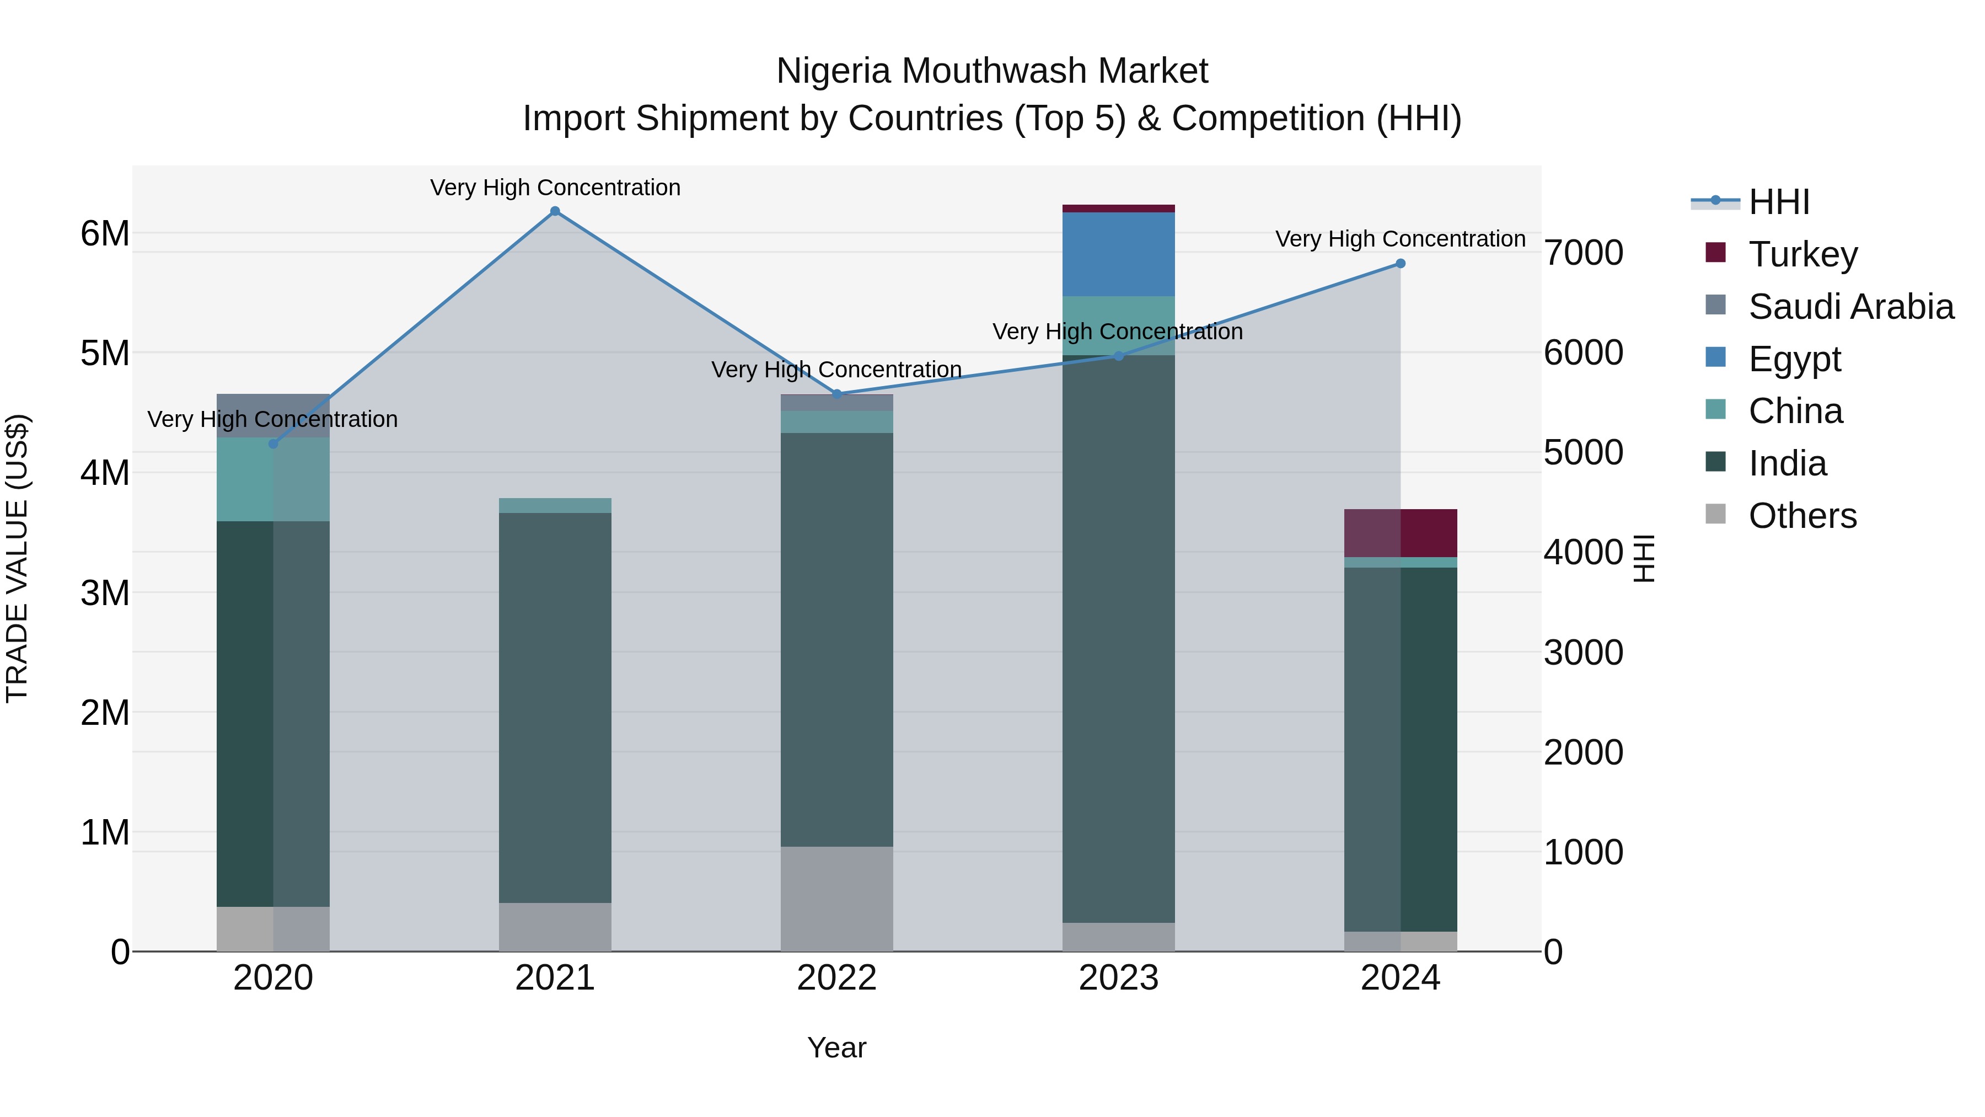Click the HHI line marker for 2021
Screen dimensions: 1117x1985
click(x=555, y=211)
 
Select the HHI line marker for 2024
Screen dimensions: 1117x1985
click(x=1400, y=264)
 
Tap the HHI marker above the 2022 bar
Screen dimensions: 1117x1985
click(x=837, y=394)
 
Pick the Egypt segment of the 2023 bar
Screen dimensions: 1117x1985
click(x=1118, y=254)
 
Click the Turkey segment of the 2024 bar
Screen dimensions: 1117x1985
click(x=1400, y=533)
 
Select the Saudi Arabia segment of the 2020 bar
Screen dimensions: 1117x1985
click(x=273, y=415)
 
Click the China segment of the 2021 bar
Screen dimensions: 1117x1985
click(x=555, y=506)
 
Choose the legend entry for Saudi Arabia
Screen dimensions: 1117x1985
click(x=1850, y=307)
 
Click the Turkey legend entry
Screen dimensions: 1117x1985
click(x=1802, y=254)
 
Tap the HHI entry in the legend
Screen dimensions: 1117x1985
click(x=1778, y=202)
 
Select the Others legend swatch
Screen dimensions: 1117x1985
click(x=1715, y=514)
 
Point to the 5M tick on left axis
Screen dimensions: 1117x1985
click(x=105, y=353)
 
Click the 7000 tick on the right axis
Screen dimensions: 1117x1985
click(x=1584, y=253)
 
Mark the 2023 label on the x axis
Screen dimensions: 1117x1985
click(x=1118, y=978)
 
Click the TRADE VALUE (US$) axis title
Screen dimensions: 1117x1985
click(x=17, y=558)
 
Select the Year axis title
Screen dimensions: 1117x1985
click(x=837, y=1047)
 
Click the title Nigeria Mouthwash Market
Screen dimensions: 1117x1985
click(x=992, y=71)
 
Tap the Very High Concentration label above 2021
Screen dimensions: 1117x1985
click(x=555, y=188)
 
